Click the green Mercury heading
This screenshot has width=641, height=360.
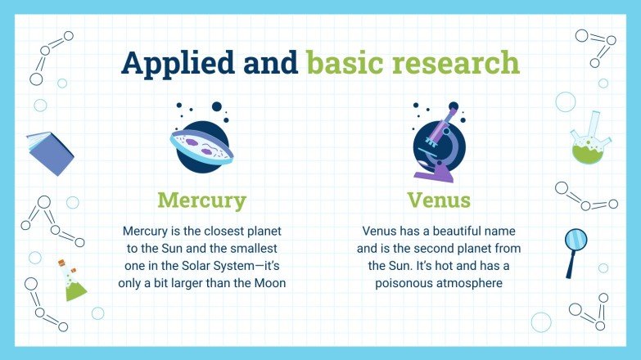(x=201, y=200)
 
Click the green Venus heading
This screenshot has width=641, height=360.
(x=439, y=200)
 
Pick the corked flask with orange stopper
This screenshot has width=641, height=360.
(x=72, y=280)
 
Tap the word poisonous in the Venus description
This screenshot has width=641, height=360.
(x=405, y=283)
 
